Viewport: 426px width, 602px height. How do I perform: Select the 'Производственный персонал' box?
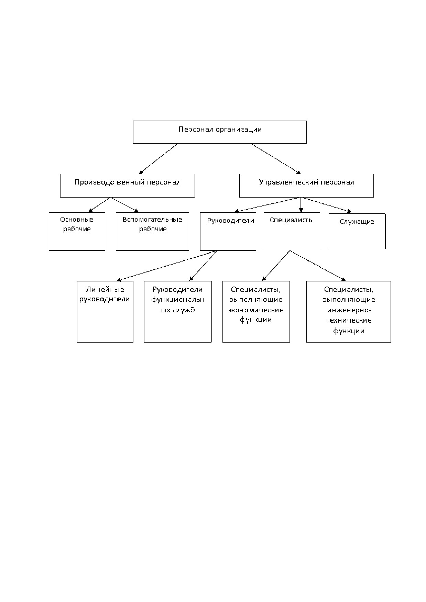pos(127,186)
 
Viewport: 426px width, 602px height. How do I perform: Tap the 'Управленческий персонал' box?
pos(306,186)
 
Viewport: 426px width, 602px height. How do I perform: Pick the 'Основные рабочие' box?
pos(77,231)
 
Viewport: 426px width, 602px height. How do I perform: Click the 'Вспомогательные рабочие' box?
pos(152,231)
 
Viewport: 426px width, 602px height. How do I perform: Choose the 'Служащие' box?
pos(357,231)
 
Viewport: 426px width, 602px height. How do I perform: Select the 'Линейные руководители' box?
pos(105,311)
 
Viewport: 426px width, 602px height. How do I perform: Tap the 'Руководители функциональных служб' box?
pos(177,311)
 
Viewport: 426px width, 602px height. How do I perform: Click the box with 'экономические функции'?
pos(256,311)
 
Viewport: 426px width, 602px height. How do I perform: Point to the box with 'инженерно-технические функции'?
pos(349,311)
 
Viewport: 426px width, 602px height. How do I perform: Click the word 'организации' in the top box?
pos(239,130)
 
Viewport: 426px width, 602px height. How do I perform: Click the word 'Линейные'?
pos(105,290)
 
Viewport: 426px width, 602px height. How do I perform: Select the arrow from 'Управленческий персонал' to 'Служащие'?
pos(327,205)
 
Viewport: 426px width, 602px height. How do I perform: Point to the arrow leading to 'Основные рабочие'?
pos(99,205)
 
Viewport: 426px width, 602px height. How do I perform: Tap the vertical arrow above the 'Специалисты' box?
pos(301,204)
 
